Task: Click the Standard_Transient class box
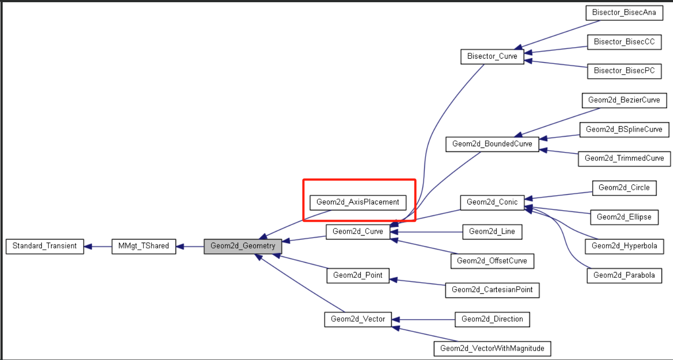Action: point(45,246)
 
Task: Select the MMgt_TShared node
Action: point(143,246)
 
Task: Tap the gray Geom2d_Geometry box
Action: point(243,246)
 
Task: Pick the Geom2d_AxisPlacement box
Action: point(358,202)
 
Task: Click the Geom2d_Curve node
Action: point(358,232)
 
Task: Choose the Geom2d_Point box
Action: point(358,276)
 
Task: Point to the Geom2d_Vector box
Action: point(358,319)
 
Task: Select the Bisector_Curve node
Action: point(492,56)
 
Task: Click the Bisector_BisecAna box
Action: point(624,12)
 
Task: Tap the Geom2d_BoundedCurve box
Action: point(492,144)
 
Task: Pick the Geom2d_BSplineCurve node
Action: point(624,129)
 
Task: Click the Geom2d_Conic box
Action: point(492,202)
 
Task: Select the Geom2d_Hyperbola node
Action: point(624,246)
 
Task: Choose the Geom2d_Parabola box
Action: point(624,276)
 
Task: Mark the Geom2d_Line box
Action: point(492,232)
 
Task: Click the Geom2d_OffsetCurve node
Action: point(492,261)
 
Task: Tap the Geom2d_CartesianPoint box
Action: point(492,290)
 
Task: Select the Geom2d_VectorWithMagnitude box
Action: point(492,348)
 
